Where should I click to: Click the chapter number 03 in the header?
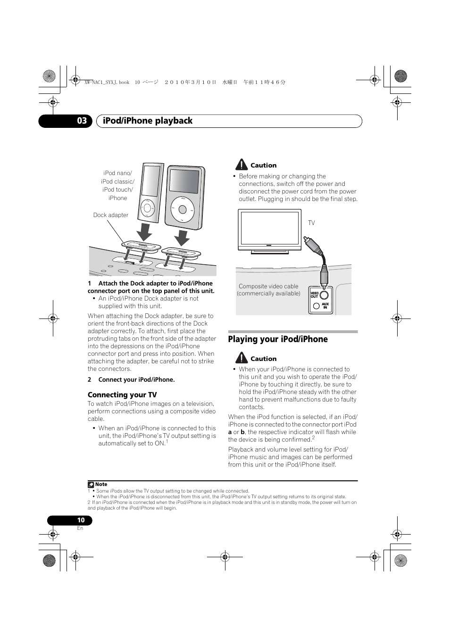point(82,121)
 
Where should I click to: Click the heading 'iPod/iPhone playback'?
point(148,121)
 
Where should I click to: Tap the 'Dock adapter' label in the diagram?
point(111,215)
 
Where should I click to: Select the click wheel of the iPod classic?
point(182,210)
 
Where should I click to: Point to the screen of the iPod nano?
point(151,181)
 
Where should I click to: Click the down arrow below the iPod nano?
point(145,232)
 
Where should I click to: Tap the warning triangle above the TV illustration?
point(241,165)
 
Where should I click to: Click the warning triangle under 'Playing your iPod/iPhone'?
point(241,358)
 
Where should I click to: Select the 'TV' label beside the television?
point(311,223)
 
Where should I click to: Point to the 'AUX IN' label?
point(325,306)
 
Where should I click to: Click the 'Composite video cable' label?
point(268,286)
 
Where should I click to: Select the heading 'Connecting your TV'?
point(122,395)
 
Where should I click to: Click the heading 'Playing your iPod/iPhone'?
point(278,339)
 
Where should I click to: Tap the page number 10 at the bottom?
point(81,520)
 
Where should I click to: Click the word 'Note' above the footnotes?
point(101,484)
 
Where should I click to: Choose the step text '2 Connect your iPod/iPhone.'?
point(131,380)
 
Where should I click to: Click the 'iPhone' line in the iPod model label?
point(118,198)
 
